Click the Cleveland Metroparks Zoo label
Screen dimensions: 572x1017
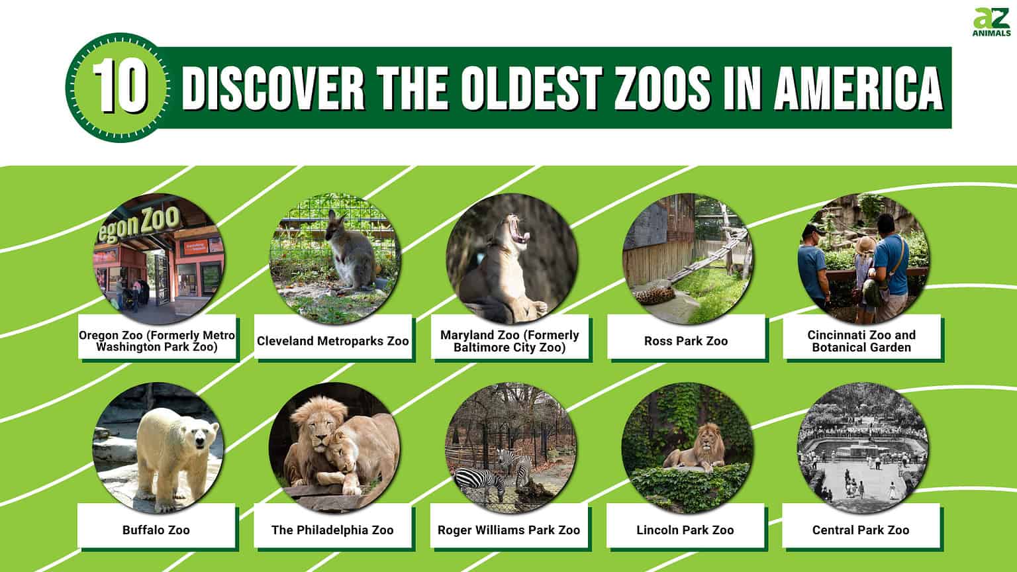(x=332, y=341)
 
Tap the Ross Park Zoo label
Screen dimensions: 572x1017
(x=685, y=341)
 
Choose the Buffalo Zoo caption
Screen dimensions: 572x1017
(x=156, y=530)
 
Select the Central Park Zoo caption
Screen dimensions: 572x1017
(x=861, y=530)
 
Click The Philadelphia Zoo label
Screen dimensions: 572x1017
(x=332, y=530)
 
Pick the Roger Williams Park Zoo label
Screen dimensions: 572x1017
(x=508, y=530)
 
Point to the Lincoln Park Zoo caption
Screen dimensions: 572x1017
(x=685, y=530)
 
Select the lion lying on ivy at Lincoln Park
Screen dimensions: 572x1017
(x=695, y=450)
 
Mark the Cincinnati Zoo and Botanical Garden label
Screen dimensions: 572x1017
(x=861, y=341)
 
